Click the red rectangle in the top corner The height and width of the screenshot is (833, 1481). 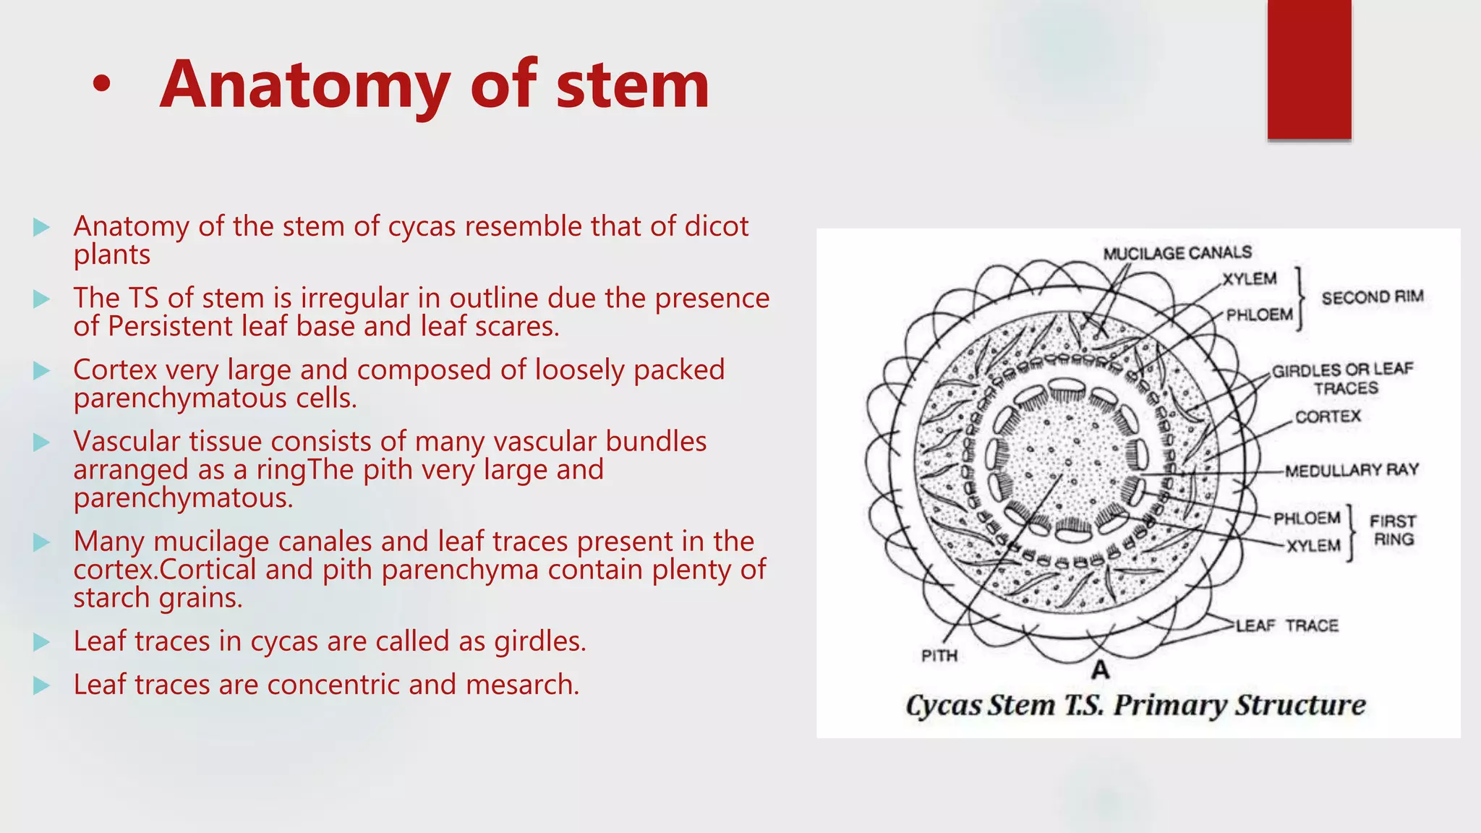(x=1309, y=69)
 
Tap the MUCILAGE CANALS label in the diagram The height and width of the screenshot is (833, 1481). (x=1177, y=253)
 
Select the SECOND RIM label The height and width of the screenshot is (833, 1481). (x=1372, y=297)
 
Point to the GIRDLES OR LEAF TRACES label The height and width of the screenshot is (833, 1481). (x=1342, y=379)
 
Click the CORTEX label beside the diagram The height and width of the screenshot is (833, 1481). (x=1328, y=416)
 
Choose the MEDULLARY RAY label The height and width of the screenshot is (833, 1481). (x=1351, y=471)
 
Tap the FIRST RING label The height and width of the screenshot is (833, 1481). (x=1393, y=530)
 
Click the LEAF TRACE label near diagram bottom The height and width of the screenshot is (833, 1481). (x=1287, y=625)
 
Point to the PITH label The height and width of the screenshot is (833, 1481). (x=939, y=656)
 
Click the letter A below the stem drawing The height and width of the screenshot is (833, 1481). (x=1100, y=670)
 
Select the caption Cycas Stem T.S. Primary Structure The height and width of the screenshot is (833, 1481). (x=1135, y=705)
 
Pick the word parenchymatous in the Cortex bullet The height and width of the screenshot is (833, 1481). (x=179, y=398)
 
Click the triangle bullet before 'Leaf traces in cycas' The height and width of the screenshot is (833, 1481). (x=42, y=642)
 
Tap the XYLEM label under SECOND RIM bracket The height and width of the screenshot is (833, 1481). (x=1250, y=279)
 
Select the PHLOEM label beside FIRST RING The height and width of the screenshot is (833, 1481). (x=1306, y=518)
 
